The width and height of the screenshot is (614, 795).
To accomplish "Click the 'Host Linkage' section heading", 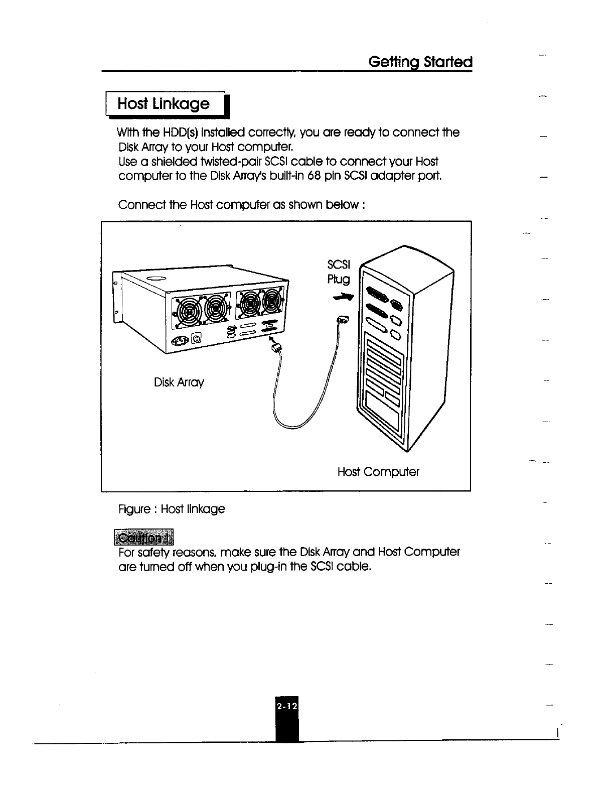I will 163,104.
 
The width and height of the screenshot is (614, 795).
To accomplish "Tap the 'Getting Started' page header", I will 420,62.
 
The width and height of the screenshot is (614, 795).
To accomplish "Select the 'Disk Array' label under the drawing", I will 179,382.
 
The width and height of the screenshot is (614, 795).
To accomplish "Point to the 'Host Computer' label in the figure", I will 378,472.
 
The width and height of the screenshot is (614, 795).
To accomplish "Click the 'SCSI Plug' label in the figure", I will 339,272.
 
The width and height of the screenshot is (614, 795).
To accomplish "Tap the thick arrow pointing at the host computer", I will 346,298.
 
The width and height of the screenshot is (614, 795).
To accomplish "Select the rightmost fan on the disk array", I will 272,302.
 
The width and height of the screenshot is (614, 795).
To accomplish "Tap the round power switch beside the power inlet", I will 197,340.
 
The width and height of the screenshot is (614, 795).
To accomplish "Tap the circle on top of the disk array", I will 157,279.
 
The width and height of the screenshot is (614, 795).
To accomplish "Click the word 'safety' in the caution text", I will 152,553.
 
